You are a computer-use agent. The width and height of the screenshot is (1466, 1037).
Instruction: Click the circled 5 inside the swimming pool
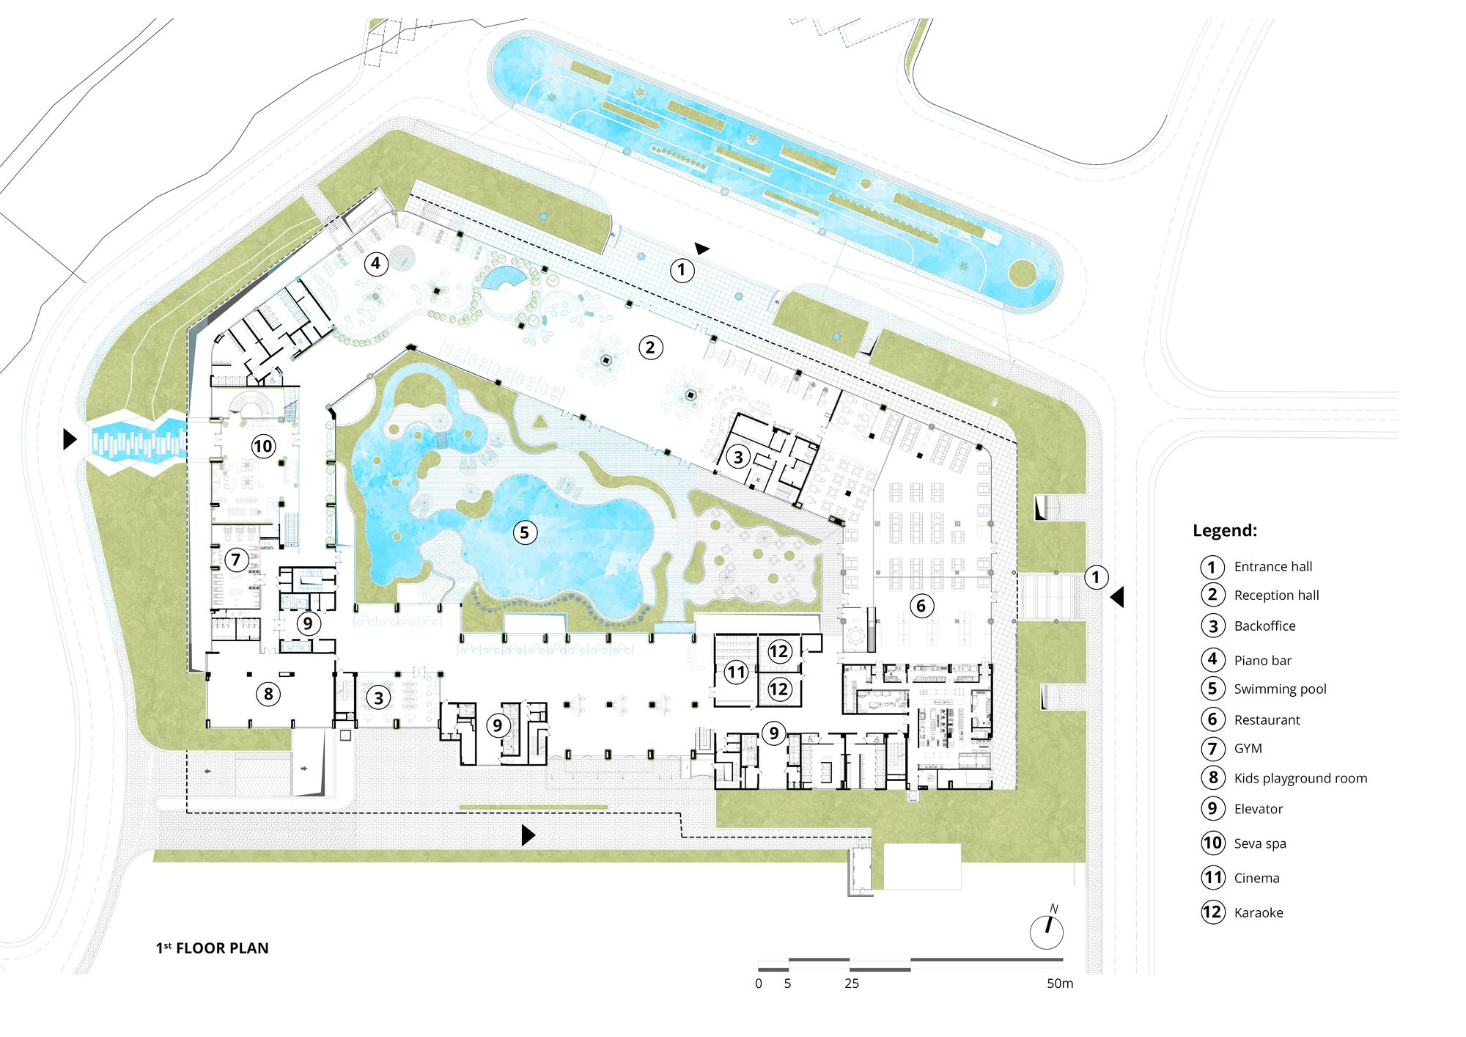tap(524, 532)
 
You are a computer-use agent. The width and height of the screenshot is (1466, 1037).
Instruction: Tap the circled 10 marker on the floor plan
tap(262, 446)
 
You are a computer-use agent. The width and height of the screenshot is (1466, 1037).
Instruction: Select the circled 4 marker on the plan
tap(375, 263)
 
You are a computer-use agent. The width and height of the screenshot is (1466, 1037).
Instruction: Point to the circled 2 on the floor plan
tap(650, 347)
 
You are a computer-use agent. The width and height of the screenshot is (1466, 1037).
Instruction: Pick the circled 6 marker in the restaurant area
tap(921, 606)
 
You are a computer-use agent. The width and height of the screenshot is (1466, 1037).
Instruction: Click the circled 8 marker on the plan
tap(268, 694)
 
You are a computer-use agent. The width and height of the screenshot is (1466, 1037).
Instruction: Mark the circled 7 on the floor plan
tap(236, 560)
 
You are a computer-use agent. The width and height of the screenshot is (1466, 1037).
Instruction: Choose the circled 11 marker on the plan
tap(736, 672)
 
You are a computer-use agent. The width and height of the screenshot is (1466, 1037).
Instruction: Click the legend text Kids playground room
tap(1300, 779)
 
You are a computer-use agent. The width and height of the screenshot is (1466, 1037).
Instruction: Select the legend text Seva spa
tap(1260, 843)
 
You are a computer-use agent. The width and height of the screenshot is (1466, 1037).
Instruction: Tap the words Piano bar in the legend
tap(1262, 661)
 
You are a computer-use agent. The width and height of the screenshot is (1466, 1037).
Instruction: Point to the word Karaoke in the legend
tap(1259, 913)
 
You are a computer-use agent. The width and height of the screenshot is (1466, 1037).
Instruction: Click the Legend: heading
tap(1225, 531)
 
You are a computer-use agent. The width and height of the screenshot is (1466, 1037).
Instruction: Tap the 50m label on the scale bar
tap(1060, 983)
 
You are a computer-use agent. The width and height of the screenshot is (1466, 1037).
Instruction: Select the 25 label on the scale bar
tap(851, 983)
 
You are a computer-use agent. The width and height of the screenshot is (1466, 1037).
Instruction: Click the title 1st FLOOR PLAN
tap(212, 948)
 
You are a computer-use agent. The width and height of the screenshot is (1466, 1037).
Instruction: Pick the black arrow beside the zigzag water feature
tap(70, 439)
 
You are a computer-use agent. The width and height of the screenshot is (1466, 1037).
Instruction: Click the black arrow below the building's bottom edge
tap(528, 835)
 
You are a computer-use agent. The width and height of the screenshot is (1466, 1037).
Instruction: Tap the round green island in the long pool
tap(1022, 274)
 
